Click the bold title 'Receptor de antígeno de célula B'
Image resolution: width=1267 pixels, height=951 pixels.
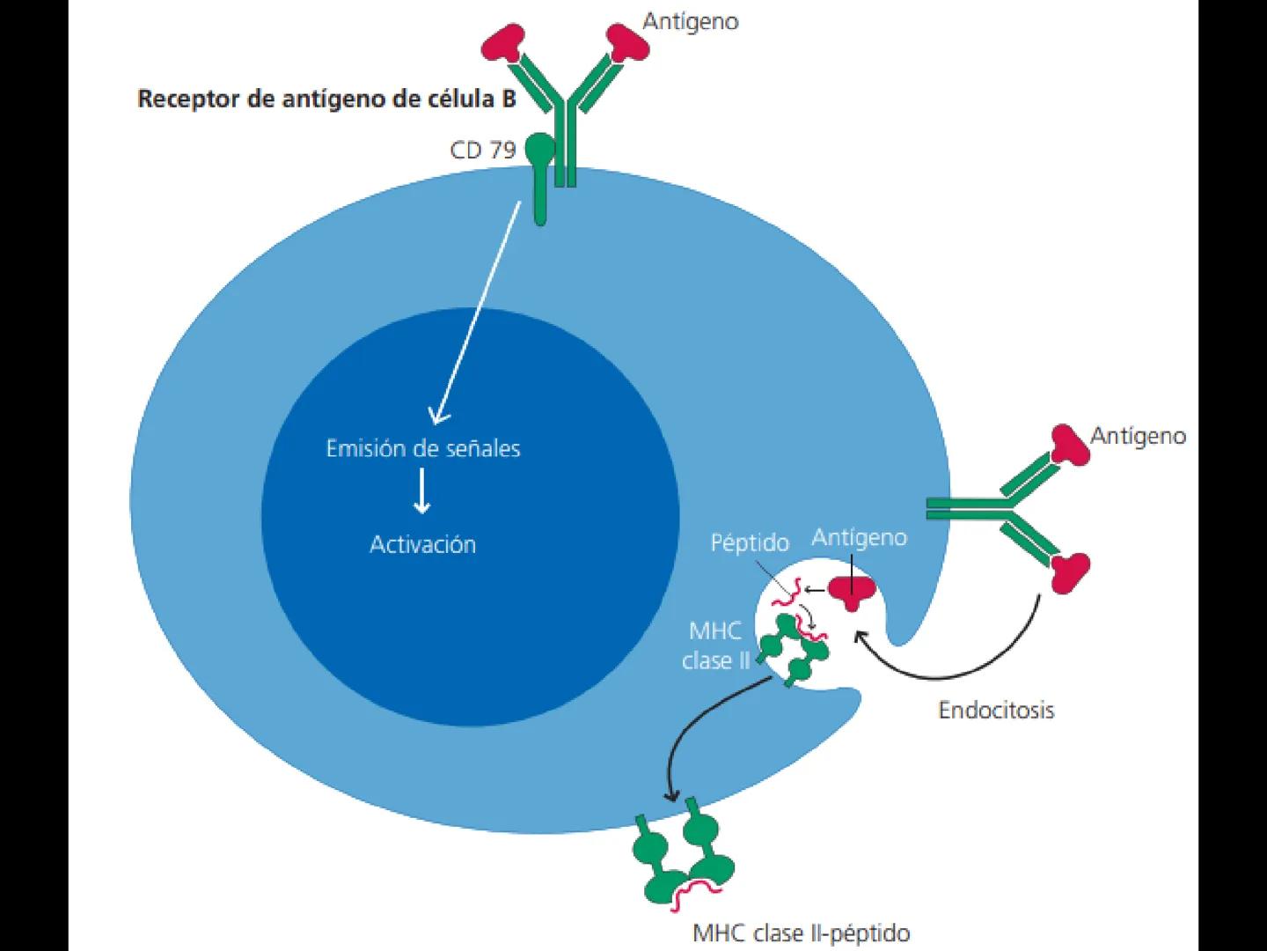[326, 99]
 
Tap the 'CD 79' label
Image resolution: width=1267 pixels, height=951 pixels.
[482, 151]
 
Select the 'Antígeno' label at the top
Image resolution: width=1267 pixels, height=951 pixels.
[690, 21]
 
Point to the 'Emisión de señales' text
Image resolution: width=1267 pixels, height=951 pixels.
[423, 448]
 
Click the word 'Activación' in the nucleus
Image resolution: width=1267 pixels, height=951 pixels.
[422, 544]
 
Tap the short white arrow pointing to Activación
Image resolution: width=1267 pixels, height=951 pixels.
[422, 491]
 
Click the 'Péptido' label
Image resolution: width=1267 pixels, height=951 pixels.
[750, 542]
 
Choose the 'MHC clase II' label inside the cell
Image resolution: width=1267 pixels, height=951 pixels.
[715, 645]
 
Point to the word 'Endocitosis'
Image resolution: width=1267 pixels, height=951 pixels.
[996, 710]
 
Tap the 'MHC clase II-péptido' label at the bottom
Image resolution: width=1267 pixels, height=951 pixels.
[801, 933]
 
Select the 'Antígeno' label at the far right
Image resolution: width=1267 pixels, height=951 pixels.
[1138, 436]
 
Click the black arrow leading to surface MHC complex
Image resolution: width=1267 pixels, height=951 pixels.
[695, 731]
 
